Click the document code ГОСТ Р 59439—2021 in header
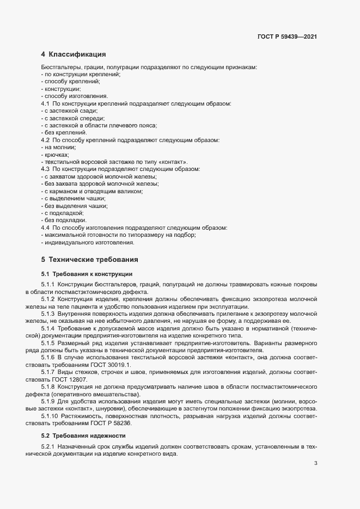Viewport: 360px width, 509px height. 287,37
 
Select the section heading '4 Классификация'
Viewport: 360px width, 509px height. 73,54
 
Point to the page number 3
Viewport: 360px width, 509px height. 316,464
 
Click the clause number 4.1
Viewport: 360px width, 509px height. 46,103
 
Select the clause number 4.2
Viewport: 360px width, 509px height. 46,140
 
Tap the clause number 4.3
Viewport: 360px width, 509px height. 46,169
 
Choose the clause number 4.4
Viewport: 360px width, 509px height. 46,228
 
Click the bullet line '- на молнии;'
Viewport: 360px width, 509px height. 58,148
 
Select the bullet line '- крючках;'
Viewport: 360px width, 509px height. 55,155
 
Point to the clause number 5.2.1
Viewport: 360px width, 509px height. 48,447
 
